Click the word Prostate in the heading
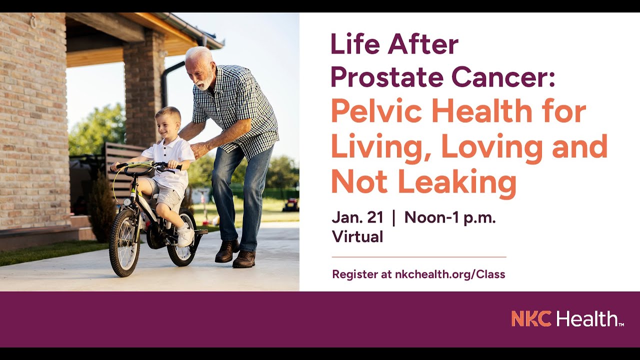(x=385, y=77)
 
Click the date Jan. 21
(x=357, y=217)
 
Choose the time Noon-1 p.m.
(x=450, y=218)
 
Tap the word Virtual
(x=357, y=236)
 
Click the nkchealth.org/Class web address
(x=450, y=274)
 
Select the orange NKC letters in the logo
(x=531, y=318)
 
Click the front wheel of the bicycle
(x=124, y=242)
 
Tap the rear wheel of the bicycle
(x=182, y=237)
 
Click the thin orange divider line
(x=419, y=257)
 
